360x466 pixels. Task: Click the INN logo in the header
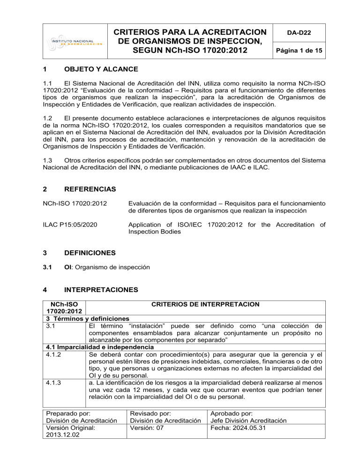pyautogui.click(x=73, y=42)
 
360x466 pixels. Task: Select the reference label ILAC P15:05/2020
pyautogui.click(x=70, y=226)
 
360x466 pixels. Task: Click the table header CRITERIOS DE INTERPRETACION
pyautogui.click(x=206, y=305)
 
